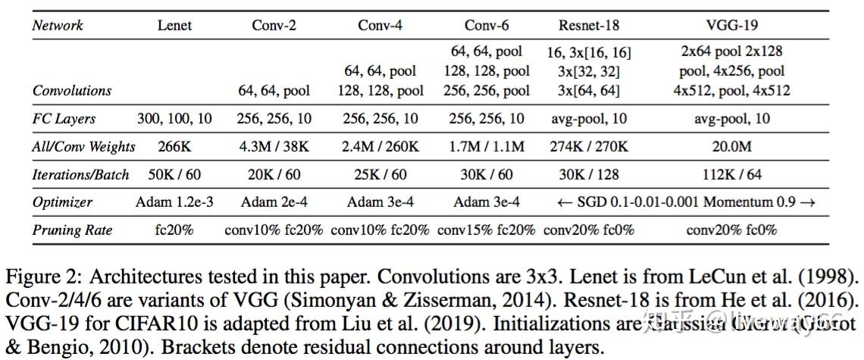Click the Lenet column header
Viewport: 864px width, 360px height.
click(174, 25)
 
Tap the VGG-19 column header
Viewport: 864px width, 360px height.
click(731, 25)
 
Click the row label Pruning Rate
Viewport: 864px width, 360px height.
click(73, 230)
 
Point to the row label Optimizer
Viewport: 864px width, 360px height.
click(62, 202)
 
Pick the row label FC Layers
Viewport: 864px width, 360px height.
click(64, 119)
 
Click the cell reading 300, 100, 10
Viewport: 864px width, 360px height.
click(174, 119)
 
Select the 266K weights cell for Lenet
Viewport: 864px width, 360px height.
click(174, 147)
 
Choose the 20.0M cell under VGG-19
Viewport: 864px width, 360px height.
click(731, 147)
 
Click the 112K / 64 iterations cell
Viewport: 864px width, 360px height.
click(731, 174)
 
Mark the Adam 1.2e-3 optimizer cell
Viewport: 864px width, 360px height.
click(174, 202)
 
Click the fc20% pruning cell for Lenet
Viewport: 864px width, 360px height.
click(174, 230)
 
